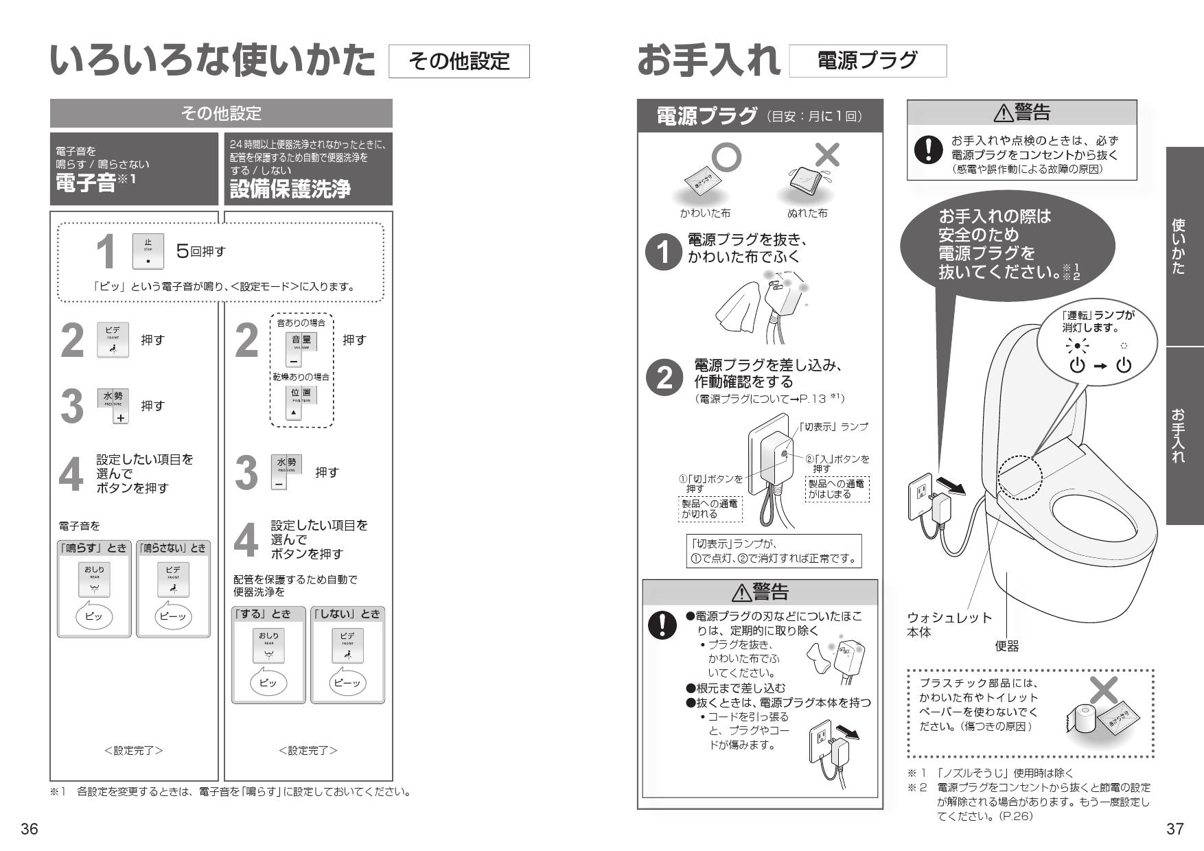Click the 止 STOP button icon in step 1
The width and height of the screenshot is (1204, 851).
tap(148, 251)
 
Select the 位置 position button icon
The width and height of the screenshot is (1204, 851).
tap(300, 402)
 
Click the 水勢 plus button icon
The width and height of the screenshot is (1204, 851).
tap(113, 406)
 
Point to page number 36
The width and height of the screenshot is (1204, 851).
tap(29, 829)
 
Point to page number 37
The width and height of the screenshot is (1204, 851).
tap(1174, 829)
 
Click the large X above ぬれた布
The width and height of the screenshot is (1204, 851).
tap(826, 155)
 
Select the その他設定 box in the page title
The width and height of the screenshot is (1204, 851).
tap(459, 61)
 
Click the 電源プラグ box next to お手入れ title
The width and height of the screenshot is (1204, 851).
tap(867, 61)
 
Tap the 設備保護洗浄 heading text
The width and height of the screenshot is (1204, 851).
tap(290, 189)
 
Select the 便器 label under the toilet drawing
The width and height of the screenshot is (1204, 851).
tap(1006, 646)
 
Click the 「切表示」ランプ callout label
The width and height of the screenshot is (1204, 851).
tap(833, 426)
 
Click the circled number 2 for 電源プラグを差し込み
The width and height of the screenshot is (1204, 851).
tap(664, 379)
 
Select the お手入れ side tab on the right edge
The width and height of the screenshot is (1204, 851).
tap(1183, 435)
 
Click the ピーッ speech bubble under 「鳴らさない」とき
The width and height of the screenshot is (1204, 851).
tap(173, 616)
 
